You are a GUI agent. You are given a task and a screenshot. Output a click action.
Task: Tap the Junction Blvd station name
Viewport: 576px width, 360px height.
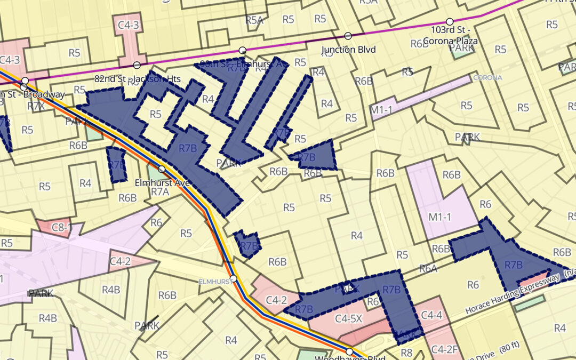[x=349, y=50]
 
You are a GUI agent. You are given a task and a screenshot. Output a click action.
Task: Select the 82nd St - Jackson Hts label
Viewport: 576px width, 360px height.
[x=137, y=79]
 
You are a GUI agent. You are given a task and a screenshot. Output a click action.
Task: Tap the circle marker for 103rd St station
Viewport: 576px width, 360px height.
[x=450, y=22]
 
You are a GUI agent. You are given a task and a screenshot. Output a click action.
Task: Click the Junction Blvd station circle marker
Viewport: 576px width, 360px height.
[x=348, y=36]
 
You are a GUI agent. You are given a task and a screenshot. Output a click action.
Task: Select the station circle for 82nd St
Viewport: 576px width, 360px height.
[x=137, y=65]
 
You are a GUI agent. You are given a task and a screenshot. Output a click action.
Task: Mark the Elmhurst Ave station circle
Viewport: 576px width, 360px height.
[x=162, y=169]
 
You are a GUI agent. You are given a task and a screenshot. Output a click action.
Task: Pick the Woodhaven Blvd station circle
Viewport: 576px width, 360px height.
[x=349, y=351]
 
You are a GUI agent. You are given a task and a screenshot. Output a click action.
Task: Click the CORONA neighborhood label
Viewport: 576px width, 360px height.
[x=487, y=77]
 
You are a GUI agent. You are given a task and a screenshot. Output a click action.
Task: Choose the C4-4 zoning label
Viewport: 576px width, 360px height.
[x=431, y=315]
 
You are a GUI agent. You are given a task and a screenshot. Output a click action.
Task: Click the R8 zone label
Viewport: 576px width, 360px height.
[x=407, y=352]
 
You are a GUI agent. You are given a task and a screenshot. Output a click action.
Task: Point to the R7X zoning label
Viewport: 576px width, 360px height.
[x=36, y=106]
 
